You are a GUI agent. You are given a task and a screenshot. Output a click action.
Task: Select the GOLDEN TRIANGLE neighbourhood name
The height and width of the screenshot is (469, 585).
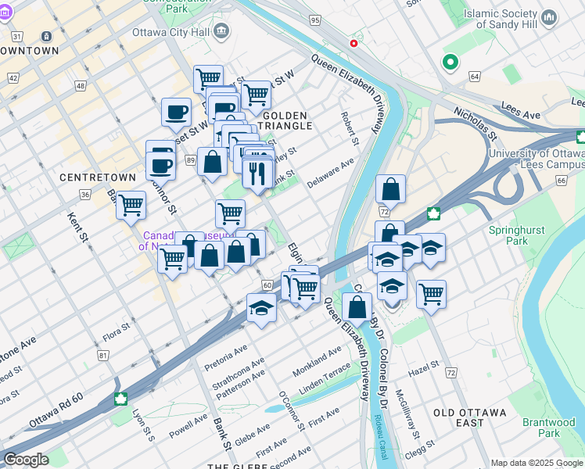(x=286, y=120)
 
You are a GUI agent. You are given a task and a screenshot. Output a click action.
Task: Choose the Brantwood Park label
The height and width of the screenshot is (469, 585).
(x=548, y=428)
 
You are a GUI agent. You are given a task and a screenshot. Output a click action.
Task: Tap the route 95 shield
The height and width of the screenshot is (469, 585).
(x=314, y=20)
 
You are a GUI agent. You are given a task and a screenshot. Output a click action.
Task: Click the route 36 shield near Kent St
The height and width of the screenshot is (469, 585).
(x=84, y=194)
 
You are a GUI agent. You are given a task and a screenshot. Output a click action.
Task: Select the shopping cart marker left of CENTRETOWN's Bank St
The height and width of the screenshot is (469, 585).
(x=131, y=205)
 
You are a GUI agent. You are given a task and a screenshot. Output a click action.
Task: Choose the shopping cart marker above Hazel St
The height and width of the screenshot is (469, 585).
(x=431, y=294)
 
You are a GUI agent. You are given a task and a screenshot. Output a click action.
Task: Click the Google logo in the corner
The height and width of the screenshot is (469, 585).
(x=26, y=460)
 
